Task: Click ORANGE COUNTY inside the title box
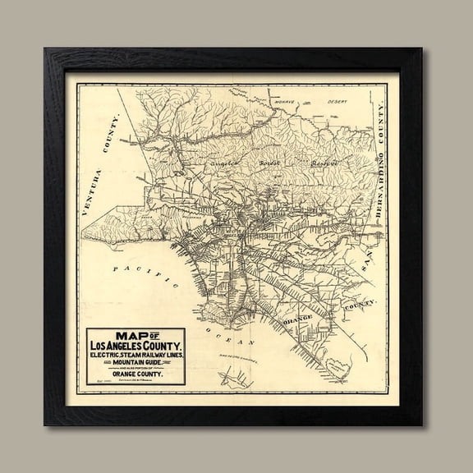coord(136,374)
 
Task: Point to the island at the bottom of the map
coord(234,379)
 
